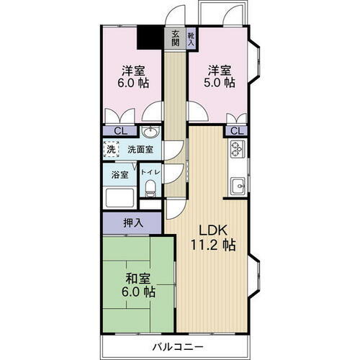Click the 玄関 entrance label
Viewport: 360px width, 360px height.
pos(176,37)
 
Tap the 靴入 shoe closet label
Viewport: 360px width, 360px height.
pos(191,37)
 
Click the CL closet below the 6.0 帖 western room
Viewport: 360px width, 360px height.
pos(122,131)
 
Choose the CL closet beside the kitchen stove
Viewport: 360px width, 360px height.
pos(235,130)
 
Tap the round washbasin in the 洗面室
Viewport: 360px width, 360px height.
pos(150,132)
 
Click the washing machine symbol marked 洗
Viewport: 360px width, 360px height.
pos(112,150)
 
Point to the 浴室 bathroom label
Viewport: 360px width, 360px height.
pos(120,174)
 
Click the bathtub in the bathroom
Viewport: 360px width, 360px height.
pos(120,197)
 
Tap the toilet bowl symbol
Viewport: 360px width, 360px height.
pos(150,188)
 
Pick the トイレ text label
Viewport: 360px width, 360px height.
pos(150,173)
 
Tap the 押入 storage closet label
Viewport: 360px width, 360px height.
pos(132,223)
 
